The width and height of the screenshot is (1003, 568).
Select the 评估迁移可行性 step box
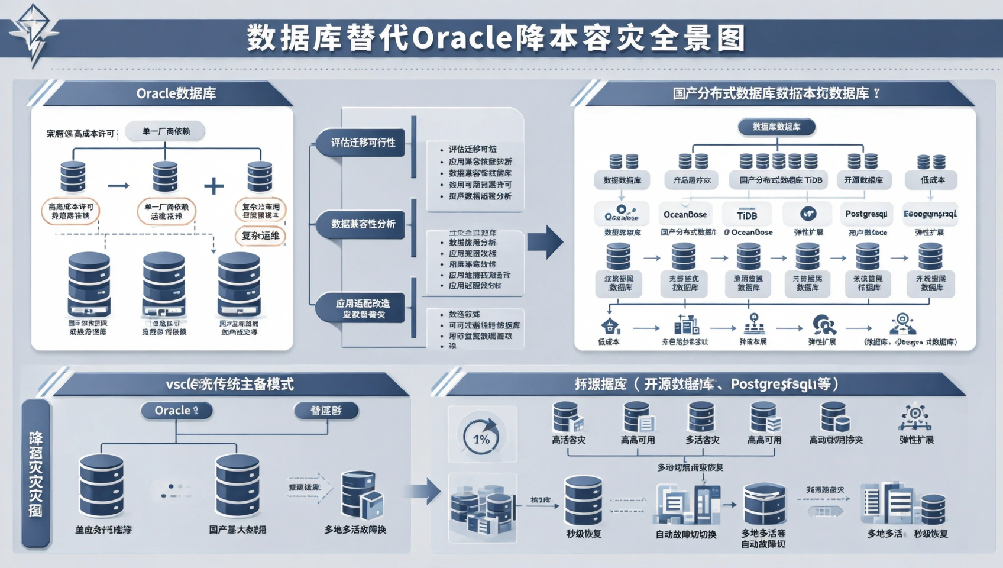coord(362,143)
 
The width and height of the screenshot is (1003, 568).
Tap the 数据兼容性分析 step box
coord(362,224)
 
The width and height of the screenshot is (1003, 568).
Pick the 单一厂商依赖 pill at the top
coord(166,131)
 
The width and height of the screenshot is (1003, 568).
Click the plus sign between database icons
coord(213,186)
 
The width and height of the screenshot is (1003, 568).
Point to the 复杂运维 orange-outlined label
coord(260,235)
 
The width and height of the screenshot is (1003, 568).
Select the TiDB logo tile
coord(747,215)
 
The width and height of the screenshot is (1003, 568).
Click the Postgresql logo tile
coord(866,214)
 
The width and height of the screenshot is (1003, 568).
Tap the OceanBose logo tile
coord(685,214)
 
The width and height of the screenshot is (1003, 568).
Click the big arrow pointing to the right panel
coord(545,241)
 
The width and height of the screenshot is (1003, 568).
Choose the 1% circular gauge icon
coord(481,436)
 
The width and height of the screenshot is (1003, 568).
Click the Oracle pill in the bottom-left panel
coord(176,411)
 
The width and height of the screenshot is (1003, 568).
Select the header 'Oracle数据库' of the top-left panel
coord(176,93)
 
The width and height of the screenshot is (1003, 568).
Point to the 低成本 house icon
coord(610,325)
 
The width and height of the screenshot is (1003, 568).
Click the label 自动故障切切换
coord(686,534)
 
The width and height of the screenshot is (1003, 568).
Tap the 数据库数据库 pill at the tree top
coord(776,127)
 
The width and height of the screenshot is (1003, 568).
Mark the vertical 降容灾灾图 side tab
coord(35,473)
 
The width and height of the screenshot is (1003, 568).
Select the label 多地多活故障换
coord(355,530)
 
